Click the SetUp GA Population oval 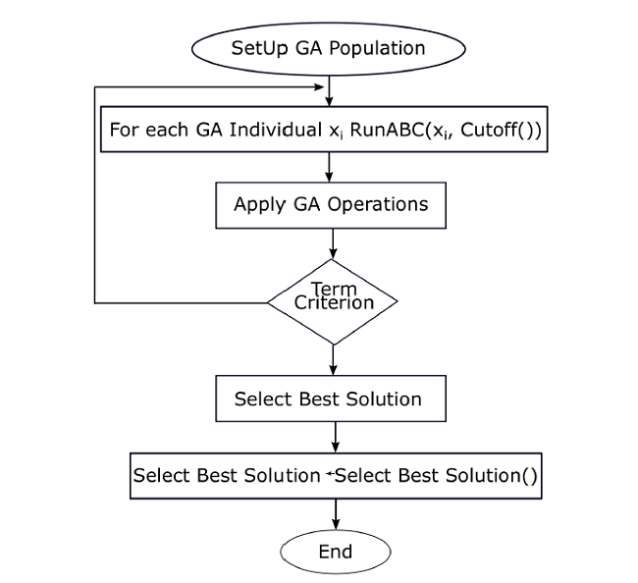pos(328,47)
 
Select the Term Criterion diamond pos(334,300)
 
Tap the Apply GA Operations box pos(332,205)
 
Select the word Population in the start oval pos(377,47)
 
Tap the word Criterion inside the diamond pos(335,303)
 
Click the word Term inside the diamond pos(334,289)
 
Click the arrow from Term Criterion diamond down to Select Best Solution pos(334,360)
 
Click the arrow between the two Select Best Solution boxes pos(335,435)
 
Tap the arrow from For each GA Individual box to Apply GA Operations pos(334,168)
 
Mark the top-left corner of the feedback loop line pos(95,87)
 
